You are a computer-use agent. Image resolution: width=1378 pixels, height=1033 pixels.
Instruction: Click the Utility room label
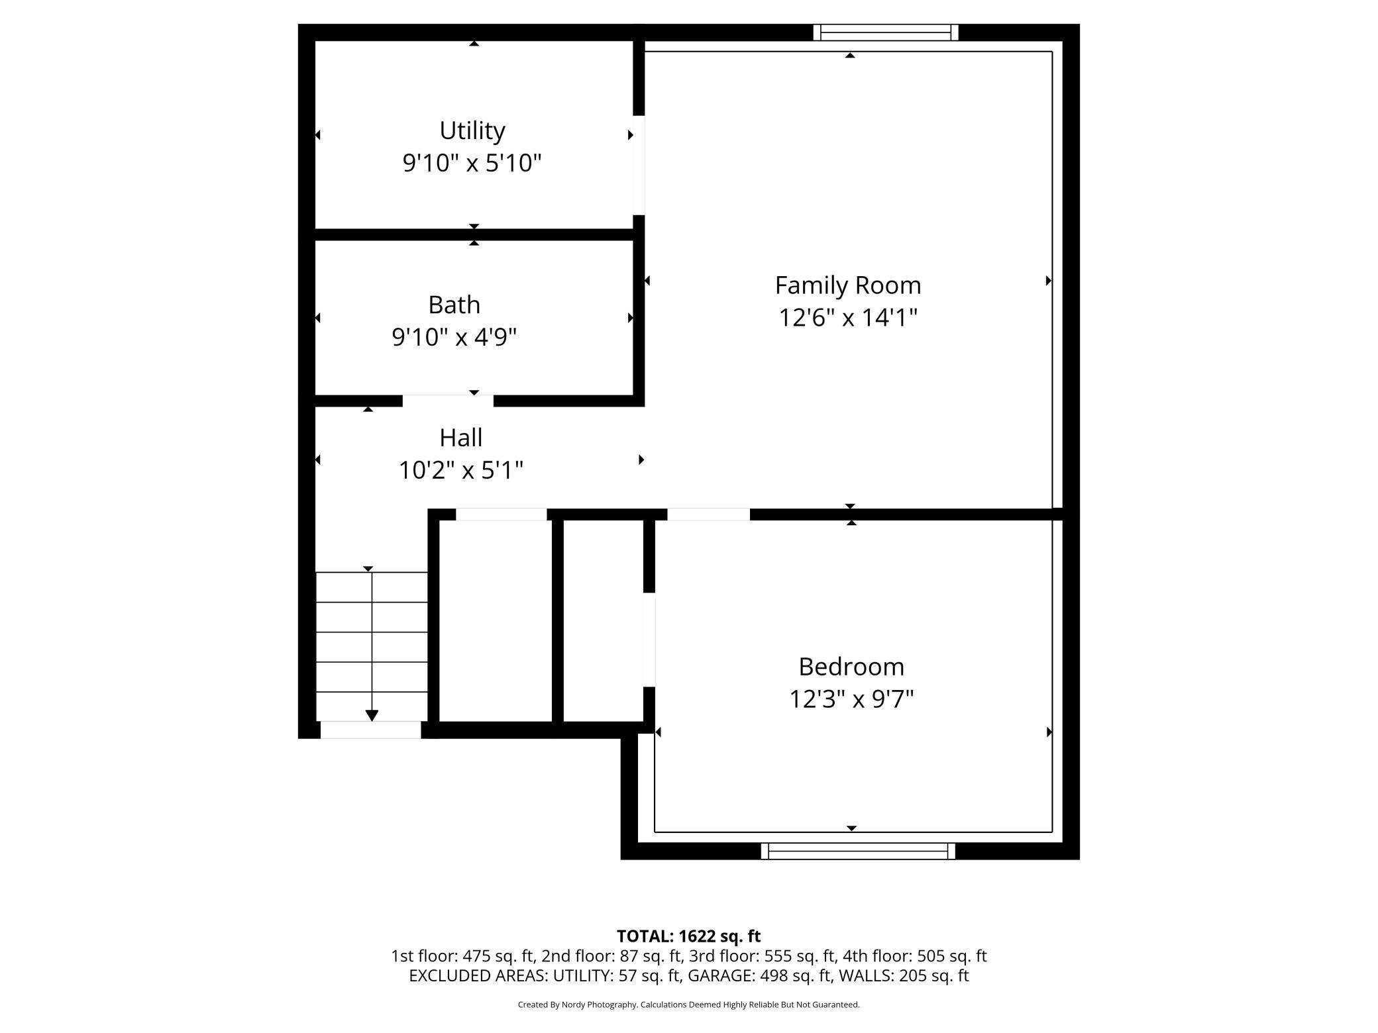pos(472,130)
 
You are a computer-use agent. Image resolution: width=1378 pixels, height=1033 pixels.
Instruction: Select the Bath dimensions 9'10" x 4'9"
pos(454,337)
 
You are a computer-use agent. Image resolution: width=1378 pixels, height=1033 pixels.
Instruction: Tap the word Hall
pos(460,438)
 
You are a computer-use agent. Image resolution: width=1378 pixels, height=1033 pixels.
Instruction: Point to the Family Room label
pos(847,285)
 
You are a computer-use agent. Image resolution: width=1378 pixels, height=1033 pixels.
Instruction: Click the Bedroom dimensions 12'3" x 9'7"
pos(851,699)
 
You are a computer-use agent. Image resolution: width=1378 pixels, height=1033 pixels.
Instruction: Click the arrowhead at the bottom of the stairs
pos(372,715)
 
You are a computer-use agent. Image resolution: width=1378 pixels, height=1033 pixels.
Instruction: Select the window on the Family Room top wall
pos(885,32)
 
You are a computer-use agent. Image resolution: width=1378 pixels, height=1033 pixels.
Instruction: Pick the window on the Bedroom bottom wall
pos(857,851)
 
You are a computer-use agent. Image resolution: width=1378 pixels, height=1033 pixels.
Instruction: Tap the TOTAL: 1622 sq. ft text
pos(688,936)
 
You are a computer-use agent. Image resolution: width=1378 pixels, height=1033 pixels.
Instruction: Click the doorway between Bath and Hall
pos(448,401)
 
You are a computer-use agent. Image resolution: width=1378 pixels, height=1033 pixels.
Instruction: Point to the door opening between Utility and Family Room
pos(639,165)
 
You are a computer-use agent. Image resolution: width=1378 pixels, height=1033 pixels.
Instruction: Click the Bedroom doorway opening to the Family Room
pos(708,515)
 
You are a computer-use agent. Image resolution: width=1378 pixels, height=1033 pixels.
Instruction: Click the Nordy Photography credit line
pos(688,1005)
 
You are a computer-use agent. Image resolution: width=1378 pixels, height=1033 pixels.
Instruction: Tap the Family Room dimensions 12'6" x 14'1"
pos(847,318)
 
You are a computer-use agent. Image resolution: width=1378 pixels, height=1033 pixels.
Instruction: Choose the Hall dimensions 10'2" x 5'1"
pos(460,471)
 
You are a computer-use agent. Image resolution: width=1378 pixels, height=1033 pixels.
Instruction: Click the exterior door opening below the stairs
pos(370,730)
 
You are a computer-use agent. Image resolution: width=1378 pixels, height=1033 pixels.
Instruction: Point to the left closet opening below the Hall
pos(501,515)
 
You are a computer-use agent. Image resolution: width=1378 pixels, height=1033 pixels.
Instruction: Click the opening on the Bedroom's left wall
pos(649,640)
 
